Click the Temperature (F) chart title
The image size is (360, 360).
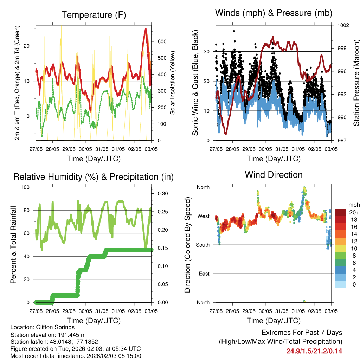(x=94, y=15)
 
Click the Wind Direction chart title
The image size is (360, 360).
(x=274, y=174)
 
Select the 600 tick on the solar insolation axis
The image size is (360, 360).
(x=161, y=41)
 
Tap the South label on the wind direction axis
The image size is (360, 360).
(x=203, y=245)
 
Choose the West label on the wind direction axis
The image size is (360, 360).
(x=204, y=216)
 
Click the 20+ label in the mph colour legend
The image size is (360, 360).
(x=353, y=212)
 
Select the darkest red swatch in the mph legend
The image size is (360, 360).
(x=340, y=212)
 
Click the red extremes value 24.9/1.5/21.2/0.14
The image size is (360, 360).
(x=314, y=351)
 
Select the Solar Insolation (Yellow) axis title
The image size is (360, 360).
(x=172, y=83)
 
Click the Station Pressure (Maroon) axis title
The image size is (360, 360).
(x=356, y=83)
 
